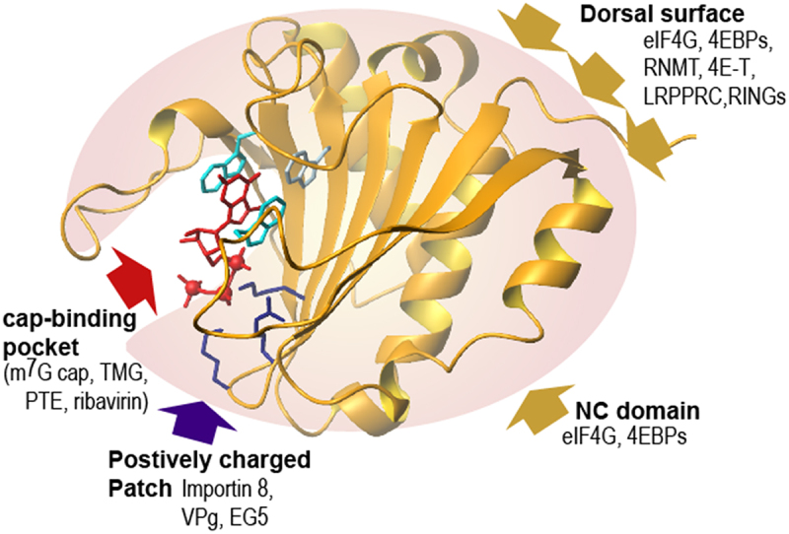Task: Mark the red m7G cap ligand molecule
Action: tap(212, 246)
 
